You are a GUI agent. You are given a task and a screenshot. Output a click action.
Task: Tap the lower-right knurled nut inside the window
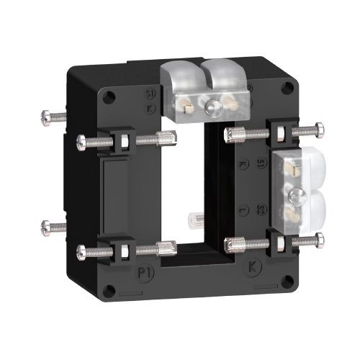[233, 243]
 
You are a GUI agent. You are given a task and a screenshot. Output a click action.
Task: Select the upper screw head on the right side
[318, 130]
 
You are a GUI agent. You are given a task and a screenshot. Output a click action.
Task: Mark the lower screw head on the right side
[318, 238]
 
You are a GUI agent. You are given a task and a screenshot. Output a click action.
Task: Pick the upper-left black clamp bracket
[121, 139]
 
